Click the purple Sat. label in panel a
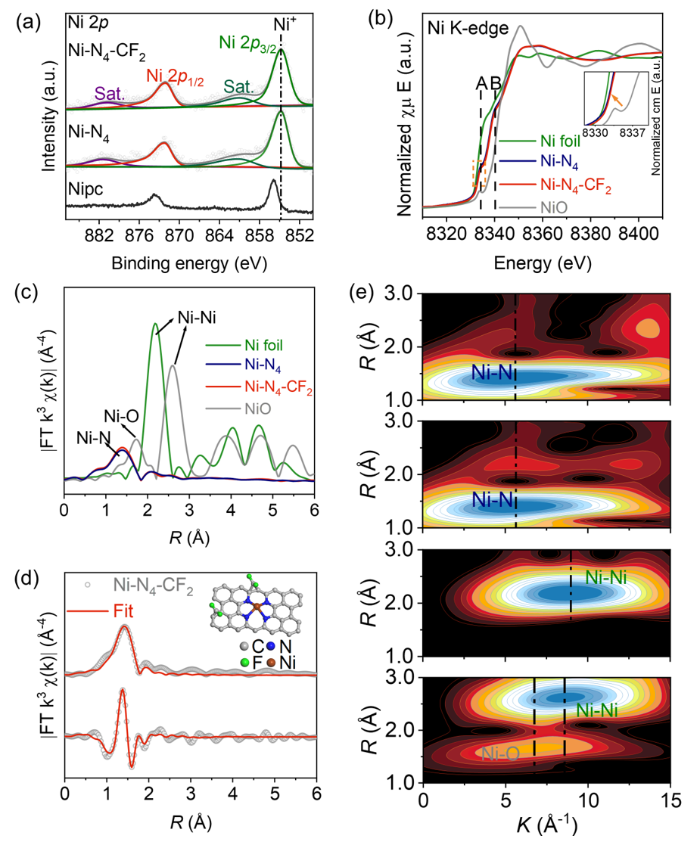109,94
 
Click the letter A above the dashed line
481,83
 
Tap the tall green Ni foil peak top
156,324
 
